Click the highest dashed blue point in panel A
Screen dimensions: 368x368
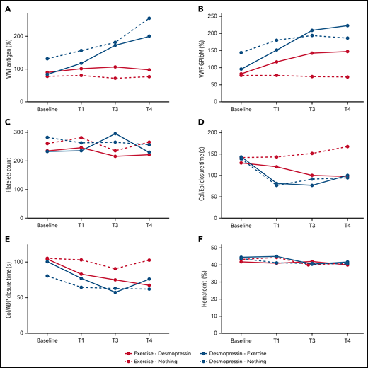[x=168, y=18]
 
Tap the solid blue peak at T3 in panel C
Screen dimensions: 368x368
[x=115, y=134]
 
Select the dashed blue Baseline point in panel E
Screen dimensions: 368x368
[x=46, y=276]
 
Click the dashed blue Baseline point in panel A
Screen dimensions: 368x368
[x=46, y=59]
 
